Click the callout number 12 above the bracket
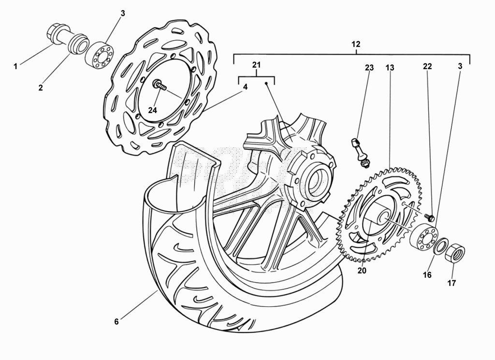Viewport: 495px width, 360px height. click(x=356, y=44)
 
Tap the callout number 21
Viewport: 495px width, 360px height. click(x=256, y=65)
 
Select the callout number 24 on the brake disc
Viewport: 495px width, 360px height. click(x=152, y=110)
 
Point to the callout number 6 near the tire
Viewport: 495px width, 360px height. click(x=116, y=321)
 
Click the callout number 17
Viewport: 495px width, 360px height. click(x=452, y=283)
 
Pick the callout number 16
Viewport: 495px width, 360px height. click(x=427, y=275)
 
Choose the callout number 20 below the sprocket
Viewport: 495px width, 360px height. click(x=362, y=271)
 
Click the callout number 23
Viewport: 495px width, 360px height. click(x=369, y=68)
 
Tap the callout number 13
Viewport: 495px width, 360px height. click(x=390, y=68)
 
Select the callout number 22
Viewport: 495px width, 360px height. click(x=427, y=66)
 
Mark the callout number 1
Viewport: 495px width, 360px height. click(x=15, y=67)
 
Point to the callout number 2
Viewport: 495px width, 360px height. click(x=41, y=88)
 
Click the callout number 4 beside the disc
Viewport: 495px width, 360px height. click(x=245, y=87)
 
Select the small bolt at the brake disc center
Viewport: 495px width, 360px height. click(x=160, y=85)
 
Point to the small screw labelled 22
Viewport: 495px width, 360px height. click(x=430, y=217)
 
